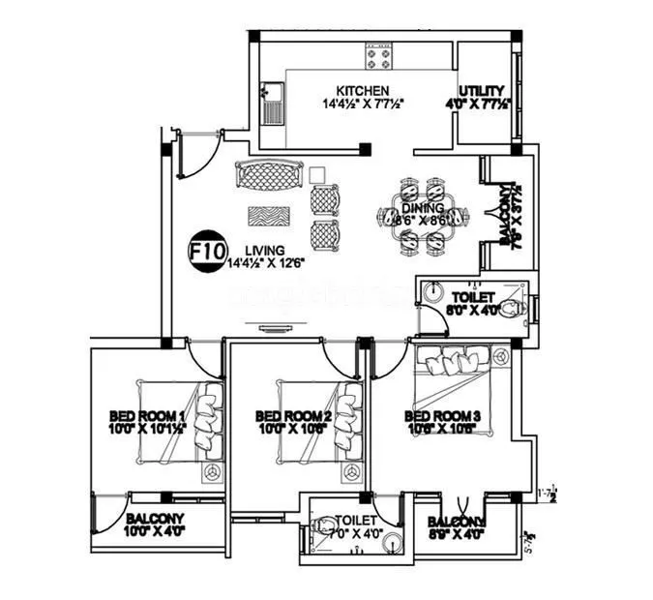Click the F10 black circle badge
[202, 252]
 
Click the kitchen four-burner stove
[377, 57]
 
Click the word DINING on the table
[423, 207]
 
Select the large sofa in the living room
[268, 177]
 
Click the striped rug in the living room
[268, 215]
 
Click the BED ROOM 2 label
[293, 417]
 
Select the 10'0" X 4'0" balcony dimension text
[155, 530]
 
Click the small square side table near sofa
[316, 174]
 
